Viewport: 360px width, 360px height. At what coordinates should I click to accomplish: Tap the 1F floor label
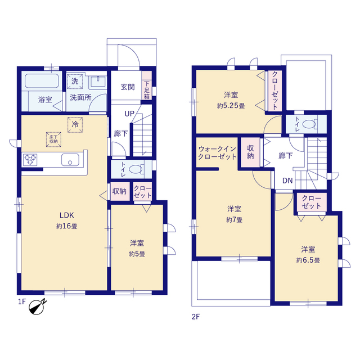(x=22, y=301)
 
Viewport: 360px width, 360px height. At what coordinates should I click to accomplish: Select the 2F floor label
(x=196, y=317)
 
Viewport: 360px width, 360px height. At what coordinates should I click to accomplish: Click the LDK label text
(x=66, y=215)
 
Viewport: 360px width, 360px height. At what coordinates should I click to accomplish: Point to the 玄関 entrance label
(x=128, y=87)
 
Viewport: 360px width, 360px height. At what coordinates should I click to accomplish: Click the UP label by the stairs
(x=129, y=114)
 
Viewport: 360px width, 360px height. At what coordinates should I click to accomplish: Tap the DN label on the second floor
(x=287, y=181)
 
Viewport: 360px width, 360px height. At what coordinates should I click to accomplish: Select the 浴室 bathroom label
(x=45, y=100)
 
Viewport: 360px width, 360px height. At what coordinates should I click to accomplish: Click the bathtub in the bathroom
(x=42, y=80)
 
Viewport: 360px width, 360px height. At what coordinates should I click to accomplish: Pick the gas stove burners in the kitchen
(x=30, y=160)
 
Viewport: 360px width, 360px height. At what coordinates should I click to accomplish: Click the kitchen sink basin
(x=70, y=160)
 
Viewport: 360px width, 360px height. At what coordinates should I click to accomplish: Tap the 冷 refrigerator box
(x=75, y=125)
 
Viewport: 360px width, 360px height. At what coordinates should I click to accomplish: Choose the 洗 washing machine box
(x=75, y=81)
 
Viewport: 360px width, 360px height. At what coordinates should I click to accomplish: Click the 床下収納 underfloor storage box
(x=53, y=139)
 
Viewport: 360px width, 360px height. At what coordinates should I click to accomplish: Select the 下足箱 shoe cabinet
(x=147, y=85)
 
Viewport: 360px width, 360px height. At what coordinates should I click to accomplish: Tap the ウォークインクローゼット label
(x=217, y=152)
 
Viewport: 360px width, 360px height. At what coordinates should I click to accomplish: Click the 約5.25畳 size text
(x=231, y=106)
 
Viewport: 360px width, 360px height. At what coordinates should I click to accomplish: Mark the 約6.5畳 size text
(x=308, y=260)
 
